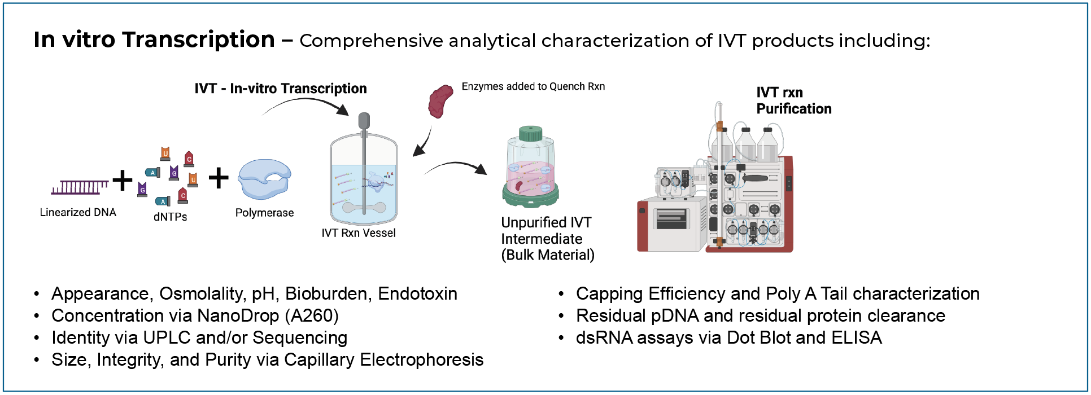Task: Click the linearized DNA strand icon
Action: [80, 187]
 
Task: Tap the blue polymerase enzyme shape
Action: [264, 179]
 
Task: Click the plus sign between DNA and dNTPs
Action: [123, 181]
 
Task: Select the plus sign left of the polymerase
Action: [219, 178]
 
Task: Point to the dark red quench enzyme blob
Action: [440, 101]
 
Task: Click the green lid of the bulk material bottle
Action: [530, 134]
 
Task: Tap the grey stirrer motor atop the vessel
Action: [364, 121]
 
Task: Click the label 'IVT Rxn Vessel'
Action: [359, 233]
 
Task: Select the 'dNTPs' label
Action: [170, 217]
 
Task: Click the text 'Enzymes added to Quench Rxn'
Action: [533, 86]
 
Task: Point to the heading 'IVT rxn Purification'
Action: [793, 100]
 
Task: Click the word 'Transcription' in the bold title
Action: [198, 39]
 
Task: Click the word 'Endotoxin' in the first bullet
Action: [417, 293]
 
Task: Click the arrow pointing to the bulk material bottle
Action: [456, 166]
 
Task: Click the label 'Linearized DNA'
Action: [78, 213]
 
